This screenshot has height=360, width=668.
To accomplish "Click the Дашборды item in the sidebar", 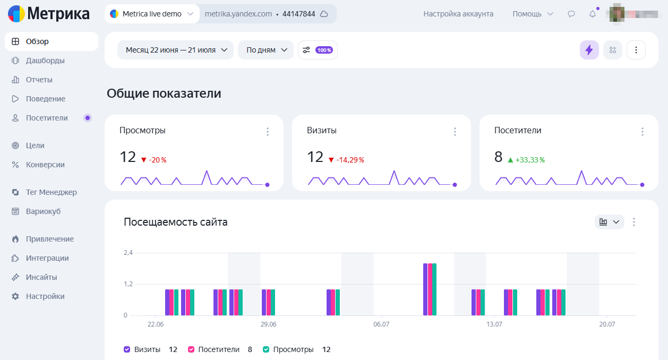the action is [45, 61].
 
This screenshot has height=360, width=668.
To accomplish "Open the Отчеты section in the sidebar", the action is [39, 80].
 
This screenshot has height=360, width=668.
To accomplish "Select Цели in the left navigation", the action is [35, 145].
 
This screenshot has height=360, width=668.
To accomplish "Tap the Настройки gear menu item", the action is [45, 296].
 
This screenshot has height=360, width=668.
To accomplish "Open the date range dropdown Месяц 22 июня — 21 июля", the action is [175, 50].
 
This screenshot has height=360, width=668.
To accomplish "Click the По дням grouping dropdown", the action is [266, 50].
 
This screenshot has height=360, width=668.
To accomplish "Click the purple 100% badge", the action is [324, 50].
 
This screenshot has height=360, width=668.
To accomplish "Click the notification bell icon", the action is [593, 14].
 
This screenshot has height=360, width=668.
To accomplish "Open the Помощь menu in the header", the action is [533, 14].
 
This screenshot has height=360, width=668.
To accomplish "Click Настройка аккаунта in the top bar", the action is [458, 14].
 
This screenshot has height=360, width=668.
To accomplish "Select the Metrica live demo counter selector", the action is [152, 14].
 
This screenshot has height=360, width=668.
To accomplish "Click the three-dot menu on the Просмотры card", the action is [268, 132].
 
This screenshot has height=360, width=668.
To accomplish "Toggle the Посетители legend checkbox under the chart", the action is [191, 349].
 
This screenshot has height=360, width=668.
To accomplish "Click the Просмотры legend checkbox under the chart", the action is [266, 349].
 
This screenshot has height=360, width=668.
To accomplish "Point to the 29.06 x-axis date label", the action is [268, 324].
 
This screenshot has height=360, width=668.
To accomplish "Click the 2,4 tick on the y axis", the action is [128, 253].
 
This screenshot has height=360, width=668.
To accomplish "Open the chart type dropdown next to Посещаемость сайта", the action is [609, 222].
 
